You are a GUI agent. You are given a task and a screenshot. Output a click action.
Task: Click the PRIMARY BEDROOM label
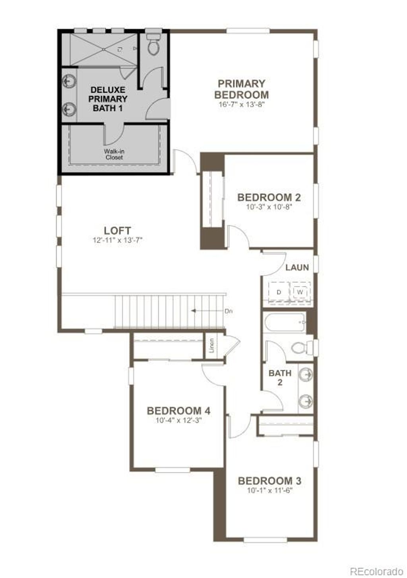241,89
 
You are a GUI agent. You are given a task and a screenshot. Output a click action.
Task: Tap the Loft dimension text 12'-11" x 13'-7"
117,240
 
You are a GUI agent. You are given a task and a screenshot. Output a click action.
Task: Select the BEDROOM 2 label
269,197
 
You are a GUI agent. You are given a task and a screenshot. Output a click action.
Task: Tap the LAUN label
297,267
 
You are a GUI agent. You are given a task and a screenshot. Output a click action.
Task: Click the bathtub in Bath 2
285,322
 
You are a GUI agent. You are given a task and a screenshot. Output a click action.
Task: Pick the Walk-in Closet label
114,154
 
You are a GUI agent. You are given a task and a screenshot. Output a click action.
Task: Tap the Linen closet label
211,345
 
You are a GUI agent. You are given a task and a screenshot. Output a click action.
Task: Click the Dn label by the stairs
228,311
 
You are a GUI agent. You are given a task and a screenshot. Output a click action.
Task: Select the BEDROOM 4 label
178,411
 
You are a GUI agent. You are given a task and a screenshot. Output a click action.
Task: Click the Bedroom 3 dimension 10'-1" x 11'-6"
269,490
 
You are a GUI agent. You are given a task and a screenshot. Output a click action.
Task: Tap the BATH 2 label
280,378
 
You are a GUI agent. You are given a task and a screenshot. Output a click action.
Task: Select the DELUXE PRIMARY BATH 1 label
107,99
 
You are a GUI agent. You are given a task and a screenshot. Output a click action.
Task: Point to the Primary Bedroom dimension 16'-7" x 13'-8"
241,105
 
